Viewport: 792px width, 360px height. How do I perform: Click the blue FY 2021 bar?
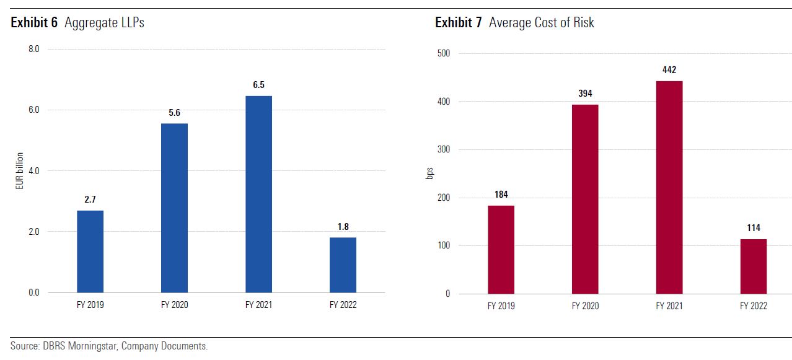pos(258,194)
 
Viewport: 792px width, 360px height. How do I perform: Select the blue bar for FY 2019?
pos(90,251)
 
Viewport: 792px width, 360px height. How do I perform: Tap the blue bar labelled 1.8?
pos(343,265)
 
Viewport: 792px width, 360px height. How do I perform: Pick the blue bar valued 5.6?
pos(174,208)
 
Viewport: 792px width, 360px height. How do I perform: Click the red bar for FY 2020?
pos(585,199)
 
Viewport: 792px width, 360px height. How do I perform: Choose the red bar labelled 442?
pos(669,187)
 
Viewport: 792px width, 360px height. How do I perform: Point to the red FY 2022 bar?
pos(753,266)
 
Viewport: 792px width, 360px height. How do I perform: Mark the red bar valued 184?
pos(501,249)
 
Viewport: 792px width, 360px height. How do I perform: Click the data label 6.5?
pos(258,85)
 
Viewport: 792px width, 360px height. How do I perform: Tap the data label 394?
pos(585,94)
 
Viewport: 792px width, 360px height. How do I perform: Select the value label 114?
pos(753,228)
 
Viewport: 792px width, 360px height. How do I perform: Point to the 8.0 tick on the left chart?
pos(34,49)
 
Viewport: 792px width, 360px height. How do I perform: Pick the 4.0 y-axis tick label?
pos(34,170)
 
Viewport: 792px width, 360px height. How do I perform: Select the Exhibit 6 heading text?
pos(34,23)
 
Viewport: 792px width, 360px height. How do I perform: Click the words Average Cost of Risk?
pos(541,23)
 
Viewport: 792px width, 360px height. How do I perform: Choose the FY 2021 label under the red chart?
pos(669,306)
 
